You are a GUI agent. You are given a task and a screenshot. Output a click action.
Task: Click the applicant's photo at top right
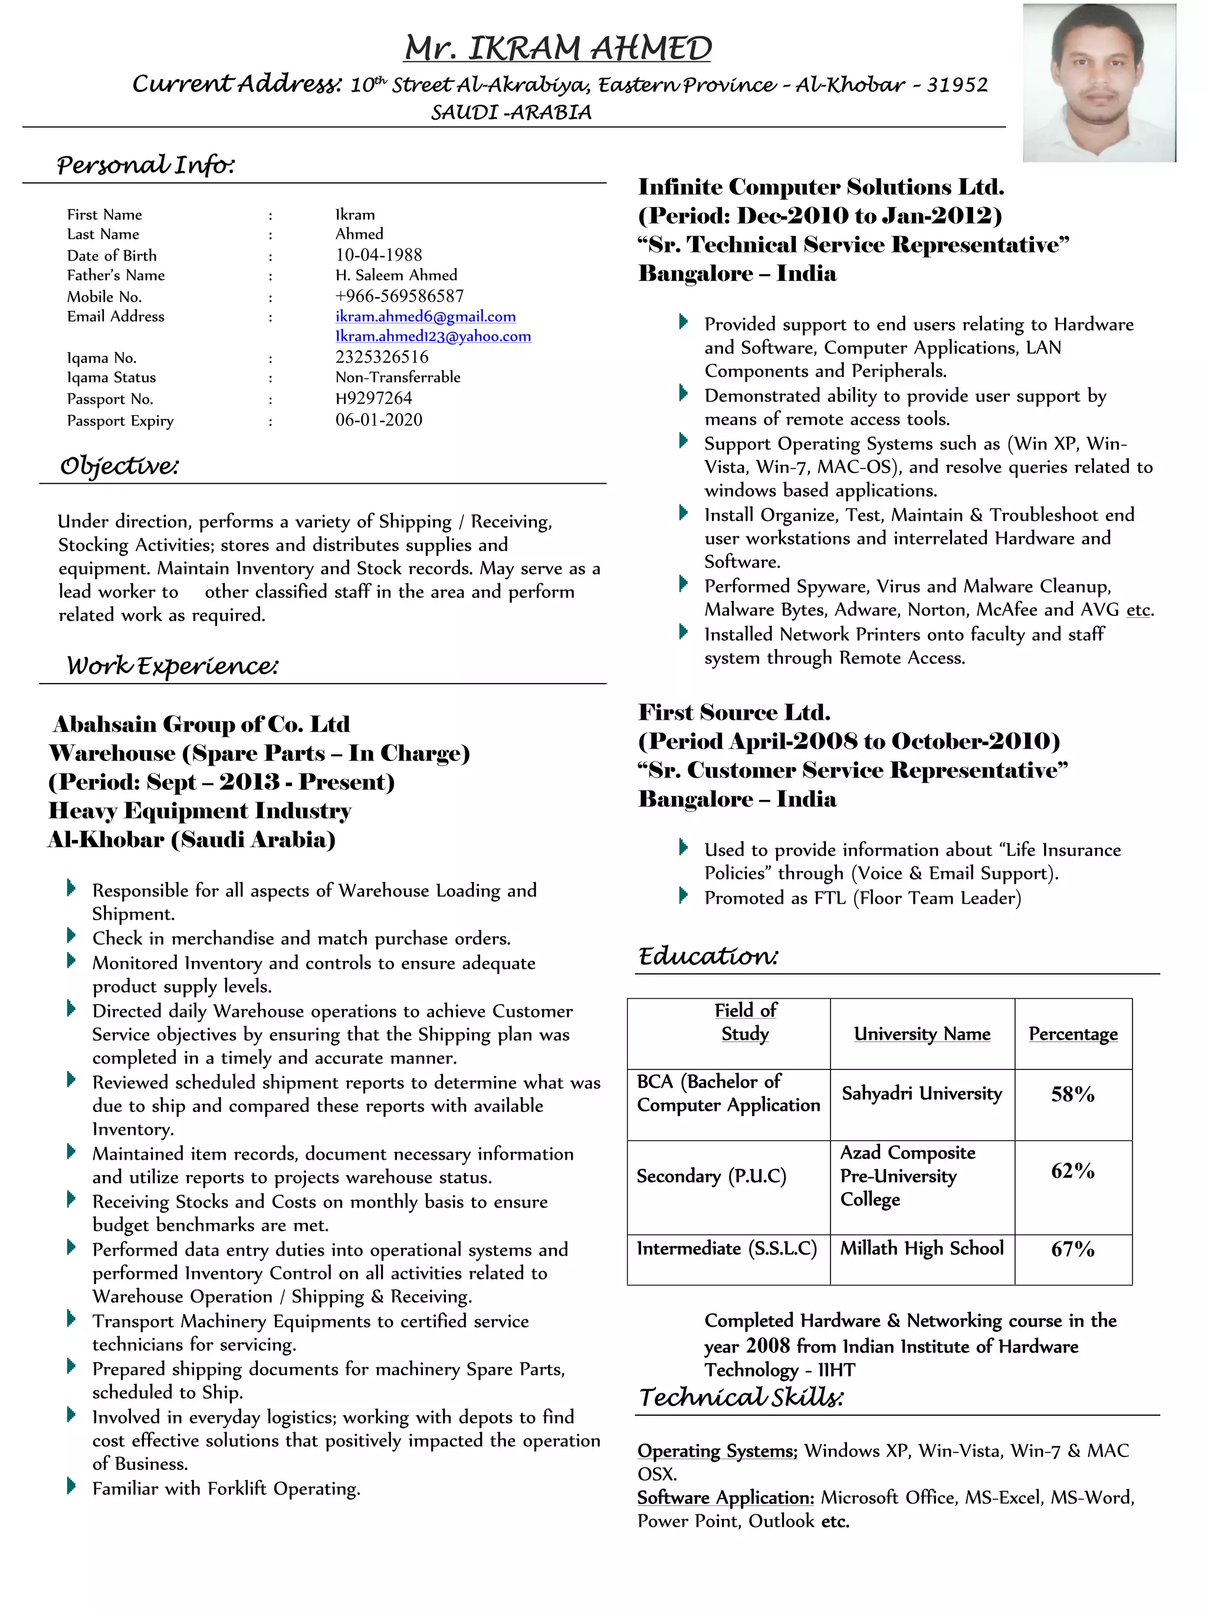click(x=1098, y=83)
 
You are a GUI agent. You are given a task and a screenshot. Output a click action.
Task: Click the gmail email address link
click(x=425, y=316)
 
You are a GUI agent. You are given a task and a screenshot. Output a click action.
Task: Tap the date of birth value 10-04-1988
click(x=379, y=255)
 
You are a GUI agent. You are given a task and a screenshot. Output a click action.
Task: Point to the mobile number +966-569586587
click(x=399, y=296)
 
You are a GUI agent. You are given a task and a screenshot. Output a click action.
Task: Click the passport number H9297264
click(x=373, y=398)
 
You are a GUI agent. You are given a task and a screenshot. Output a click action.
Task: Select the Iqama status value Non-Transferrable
click(x=398, y=378)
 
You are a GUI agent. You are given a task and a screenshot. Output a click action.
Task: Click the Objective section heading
click(x=119, y=465)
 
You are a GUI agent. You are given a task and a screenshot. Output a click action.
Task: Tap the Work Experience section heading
click(x=172, y=665)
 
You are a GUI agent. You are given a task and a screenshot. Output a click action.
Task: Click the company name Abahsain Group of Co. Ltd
click(x=201, y=724)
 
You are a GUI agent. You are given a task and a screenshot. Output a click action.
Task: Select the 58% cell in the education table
click(x=1072, y=1094)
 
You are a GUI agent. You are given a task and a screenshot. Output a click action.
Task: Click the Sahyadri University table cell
click(x=922, y=1093)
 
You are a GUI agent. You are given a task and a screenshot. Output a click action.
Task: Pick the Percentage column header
click(x=1072, y=1033)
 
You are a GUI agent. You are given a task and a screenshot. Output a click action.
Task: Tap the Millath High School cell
click(x=922, y=1248)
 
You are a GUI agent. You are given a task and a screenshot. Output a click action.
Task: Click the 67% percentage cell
click(x=1072, y=1249)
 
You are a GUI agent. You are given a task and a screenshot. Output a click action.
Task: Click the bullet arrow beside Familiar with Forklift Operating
click(x=71, y=1487)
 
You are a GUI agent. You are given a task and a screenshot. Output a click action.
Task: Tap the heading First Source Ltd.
click(x=734, y=711)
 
